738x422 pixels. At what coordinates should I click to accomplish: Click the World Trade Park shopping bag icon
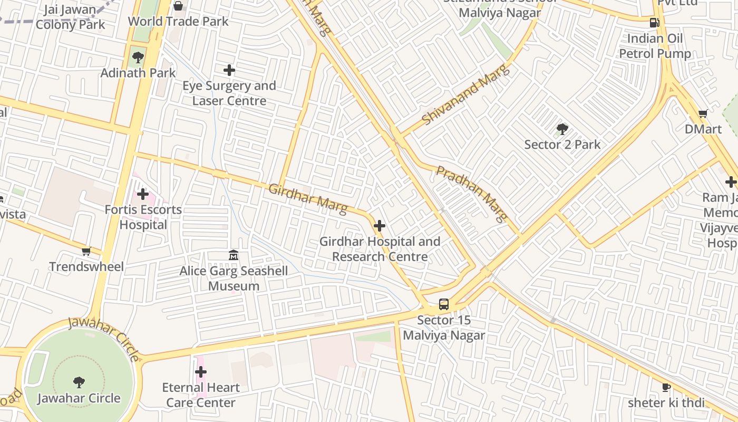tap(178, 6)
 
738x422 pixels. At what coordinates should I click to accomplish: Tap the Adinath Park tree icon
tap(138, 57)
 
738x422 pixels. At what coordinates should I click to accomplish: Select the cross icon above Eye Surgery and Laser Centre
tap(229, 70)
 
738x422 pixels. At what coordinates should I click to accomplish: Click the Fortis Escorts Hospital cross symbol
tap(143, 194)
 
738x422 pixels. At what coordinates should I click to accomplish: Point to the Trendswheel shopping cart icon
tap(86, 251)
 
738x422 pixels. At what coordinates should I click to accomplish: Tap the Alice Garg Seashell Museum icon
tap(234, 255)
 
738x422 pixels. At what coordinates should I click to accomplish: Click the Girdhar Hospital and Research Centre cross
tap(380, 226)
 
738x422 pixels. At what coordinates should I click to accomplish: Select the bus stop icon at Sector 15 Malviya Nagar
tap(444, 304)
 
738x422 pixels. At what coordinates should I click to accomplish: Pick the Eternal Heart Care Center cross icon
tap(201, 372)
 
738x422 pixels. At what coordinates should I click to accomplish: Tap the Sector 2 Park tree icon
tap(562, 129)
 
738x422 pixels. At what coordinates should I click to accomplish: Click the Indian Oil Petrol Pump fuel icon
tap(655, 23)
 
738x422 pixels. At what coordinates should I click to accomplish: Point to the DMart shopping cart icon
tap(703, 113)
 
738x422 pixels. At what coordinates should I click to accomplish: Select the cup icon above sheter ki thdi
tap(666, 388)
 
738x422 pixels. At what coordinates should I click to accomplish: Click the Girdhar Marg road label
tap(308, 199)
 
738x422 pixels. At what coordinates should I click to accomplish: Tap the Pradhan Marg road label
tap(472, 194)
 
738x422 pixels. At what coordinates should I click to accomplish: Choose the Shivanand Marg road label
tap(466, 94)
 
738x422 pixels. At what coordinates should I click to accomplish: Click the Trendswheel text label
tap(86, 266)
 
